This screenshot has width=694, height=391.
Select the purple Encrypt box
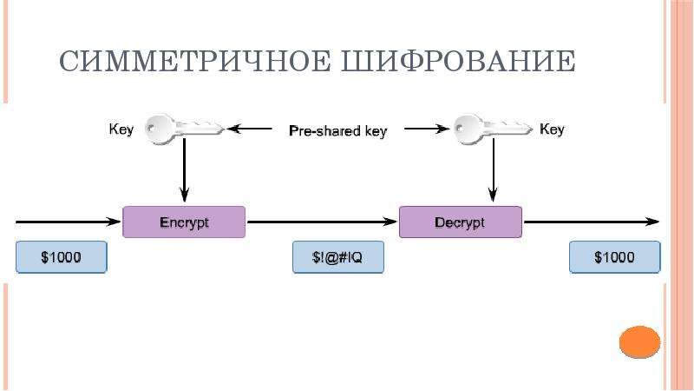184,222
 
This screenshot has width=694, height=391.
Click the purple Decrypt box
460,222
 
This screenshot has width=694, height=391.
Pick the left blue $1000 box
61,258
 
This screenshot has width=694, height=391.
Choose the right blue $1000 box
613,258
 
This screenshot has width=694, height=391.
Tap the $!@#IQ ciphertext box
337,258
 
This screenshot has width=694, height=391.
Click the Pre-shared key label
337,131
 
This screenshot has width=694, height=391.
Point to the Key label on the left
121,129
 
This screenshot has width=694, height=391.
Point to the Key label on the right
552,129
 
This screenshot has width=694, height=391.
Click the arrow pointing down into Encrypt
184,174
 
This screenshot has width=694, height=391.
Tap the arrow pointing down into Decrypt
493,174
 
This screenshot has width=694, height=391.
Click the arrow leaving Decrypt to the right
590,222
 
